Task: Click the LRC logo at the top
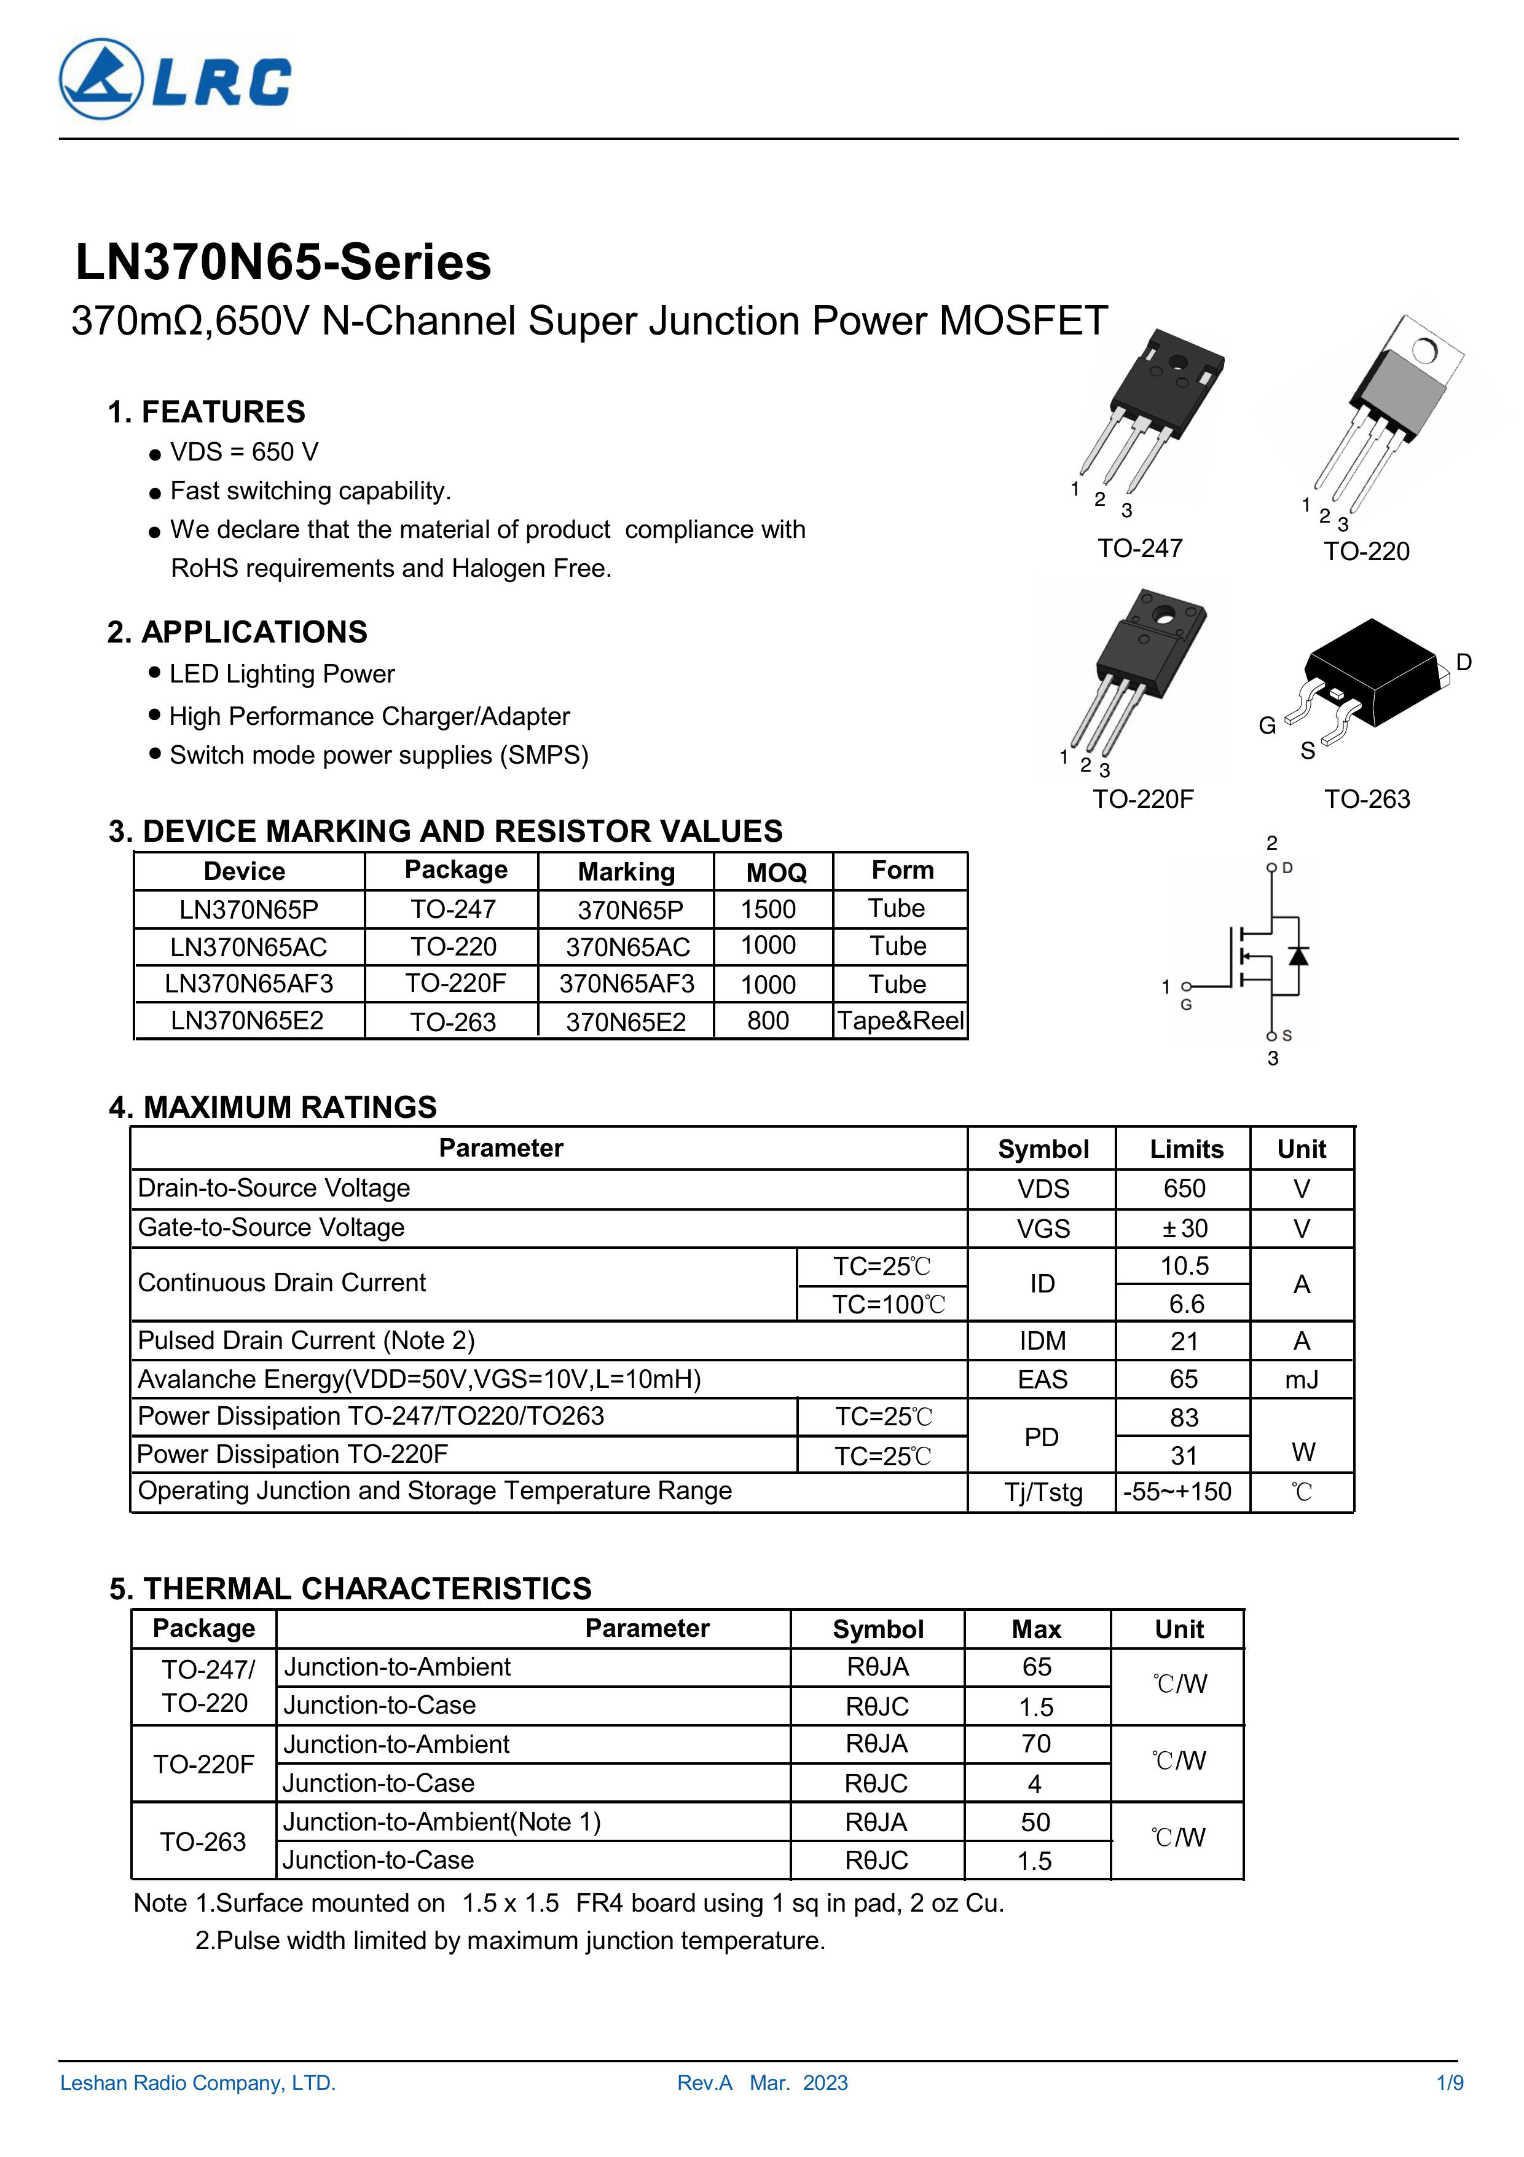pos(176,80)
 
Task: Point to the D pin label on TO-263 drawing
pos(1463,662)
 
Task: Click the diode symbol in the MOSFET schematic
pos(1298,956)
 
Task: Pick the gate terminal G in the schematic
pos(1186,987)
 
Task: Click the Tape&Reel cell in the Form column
pos(900,1021)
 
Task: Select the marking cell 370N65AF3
pos(626,984)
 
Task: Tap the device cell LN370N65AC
pos(249,947)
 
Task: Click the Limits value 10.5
pos(1184,1267)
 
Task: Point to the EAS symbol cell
pos(1042,1379)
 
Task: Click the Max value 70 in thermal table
pos(1035,1744)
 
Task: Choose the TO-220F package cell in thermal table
pos(204,1764)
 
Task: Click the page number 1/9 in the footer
pos(1449,2083)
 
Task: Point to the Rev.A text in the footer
pos(704,2083)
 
